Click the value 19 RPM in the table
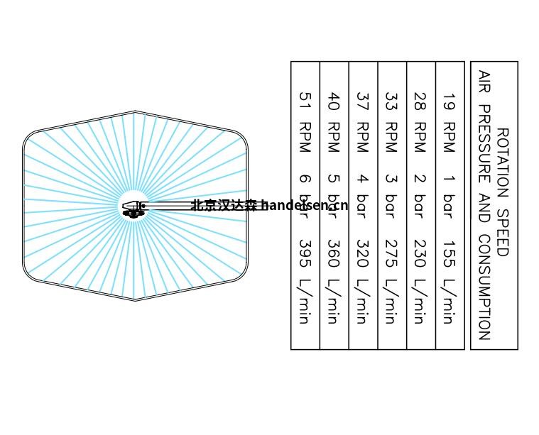pos(450,122)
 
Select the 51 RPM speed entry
pos(305,122)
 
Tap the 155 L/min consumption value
pos(450,282)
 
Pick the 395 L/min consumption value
pos(305,282)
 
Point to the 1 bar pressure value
pos(450,197)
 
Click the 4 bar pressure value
pos(363,197)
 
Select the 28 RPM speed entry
pos(420,122)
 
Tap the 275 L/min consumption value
pos(392,282)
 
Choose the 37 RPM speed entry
pos(363,122)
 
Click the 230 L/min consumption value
pos(420,282)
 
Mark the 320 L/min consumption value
pos(363,282)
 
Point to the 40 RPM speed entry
pos(334,122)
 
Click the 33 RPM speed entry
pos(392,122)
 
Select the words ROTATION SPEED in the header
pos(503,192)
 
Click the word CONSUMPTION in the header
pos(484,287)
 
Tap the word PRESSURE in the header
pos(484,144)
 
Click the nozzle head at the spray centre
pos(134,209)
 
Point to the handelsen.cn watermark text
pos(305,206)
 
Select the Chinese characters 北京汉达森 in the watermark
pos(224,206)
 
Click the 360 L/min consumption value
pos(334,282)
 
